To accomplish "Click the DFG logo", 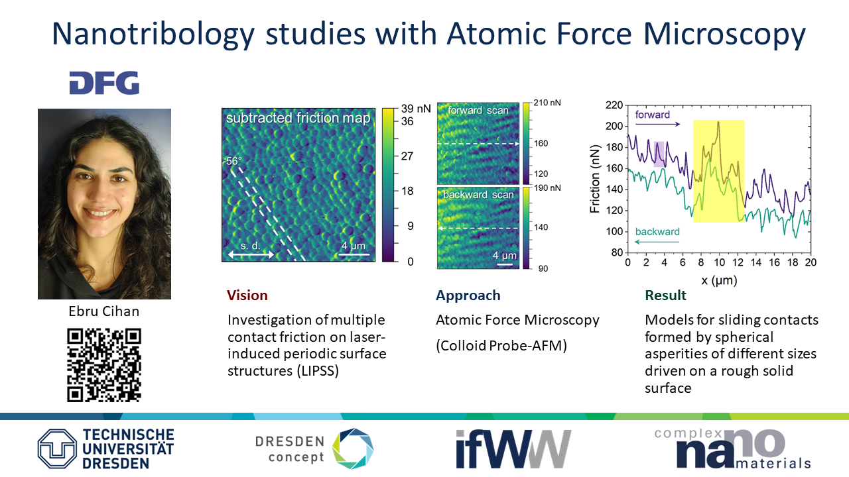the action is (104, 83).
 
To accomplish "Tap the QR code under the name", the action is (104, 365).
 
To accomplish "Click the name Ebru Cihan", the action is (104, 311).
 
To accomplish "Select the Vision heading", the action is (247, 295).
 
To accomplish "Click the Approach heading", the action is (468, 295).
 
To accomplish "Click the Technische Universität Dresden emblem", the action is (57, 449).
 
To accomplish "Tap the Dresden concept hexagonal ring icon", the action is (353, 449).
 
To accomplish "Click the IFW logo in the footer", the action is (513, 449).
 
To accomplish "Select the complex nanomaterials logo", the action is (732, 449).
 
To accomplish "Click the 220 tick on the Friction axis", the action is (614, 105).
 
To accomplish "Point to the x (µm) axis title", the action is (719, 280).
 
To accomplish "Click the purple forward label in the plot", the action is (652, 115).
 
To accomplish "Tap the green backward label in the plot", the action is (657, 232).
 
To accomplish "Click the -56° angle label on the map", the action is (232, 161).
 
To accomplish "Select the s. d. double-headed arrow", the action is (251, 255).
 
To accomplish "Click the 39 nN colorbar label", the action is (416, 109).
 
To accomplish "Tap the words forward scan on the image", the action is (478, 110).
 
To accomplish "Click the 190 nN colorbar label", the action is (547, 187).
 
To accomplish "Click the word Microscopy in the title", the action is (724, 33).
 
